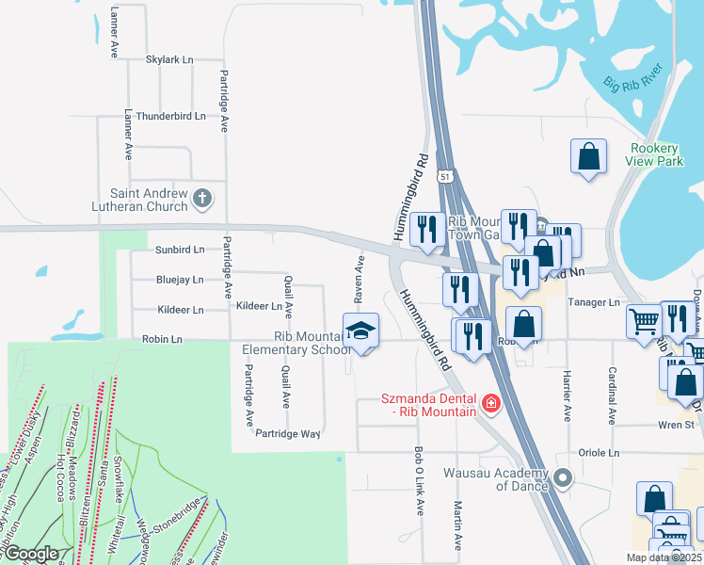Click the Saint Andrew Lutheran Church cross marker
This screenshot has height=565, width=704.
tap(202, 198)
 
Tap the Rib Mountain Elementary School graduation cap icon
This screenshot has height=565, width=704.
tap(360, 331)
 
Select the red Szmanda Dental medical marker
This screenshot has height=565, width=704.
tap(490, 403)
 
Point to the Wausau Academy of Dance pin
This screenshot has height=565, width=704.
tap(563, 477)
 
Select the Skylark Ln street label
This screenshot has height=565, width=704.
tap(169, 59)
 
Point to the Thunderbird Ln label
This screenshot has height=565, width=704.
tap(170, 116)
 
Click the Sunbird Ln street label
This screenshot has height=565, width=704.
tap(179, 250)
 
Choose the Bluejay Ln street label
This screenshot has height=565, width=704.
tap(179, 280)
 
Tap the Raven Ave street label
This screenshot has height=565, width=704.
tap(359, 278)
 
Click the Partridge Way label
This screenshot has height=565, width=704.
tap(288, 434)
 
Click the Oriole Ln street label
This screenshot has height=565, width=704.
tap(600, 453)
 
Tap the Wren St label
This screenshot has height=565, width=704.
tap(676, 425)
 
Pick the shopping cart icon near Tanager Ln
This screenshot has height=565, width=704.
tap(645, 321)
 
